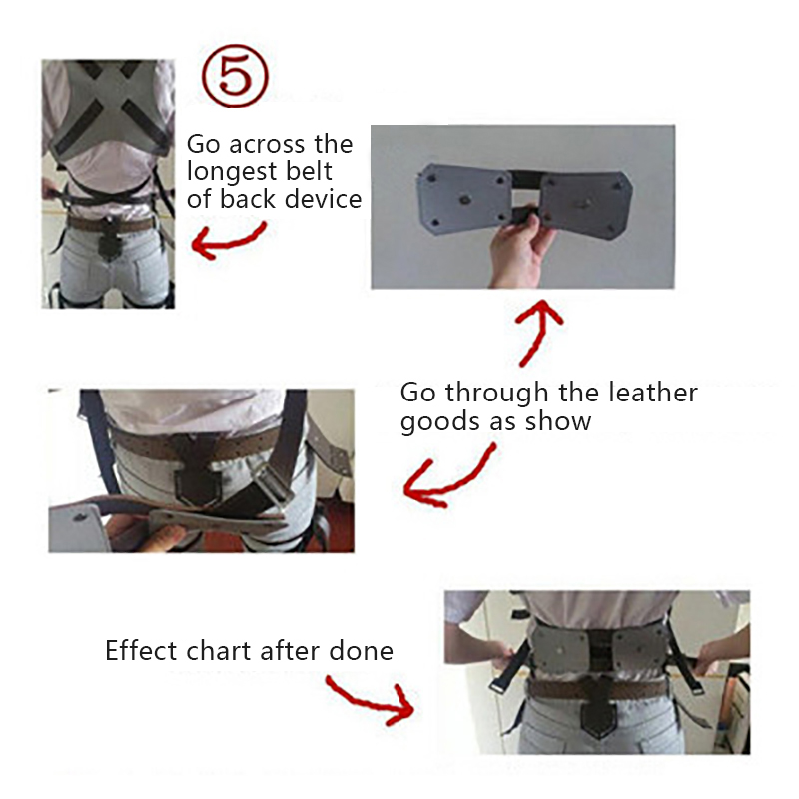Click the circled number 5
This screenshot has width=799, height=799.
click(x=235, y=76)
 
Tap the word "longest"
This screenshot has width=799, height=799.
click(x=232, y=172)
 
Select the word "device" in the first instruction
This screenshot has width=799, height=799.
click(x=323, y=198)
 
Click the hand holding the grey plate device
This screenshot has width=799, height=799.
click(x=520, y=250)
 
